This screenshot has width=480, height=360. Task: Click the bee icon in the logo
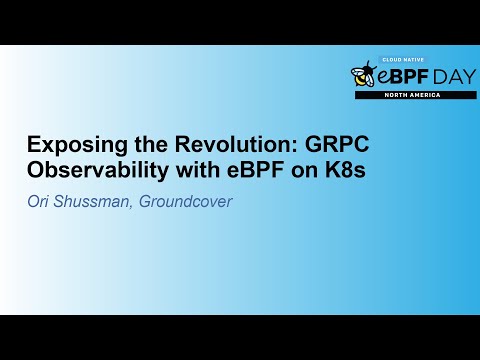[x=362, y=75]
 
